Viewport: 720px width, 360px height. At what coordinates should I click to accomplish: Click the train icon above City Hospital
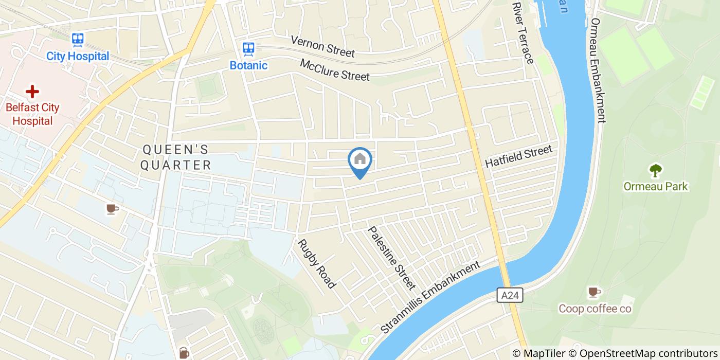[78, 39]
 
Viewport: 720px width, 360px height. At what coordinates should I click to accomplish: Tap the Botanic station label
[248, 65]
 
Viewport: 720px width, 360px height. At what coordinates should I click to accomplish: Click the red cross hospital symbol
[32, 92]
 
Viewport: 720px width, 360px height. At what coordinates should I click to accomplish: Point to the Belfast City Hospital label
[32, 114]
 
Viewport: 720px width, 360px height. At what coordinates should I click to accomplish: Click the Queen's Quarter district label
[176, 157]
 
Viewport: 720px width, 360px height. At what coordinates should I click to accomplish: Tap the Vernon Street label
[322, 46]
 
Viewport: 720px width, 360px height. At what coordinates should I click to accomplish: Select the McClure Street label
[335, 69]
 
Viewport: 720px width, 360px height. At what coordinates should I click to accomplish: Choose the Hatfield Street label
[518, 156]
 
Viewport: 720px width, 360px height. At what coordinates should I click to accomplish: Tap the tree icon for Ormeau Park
[656, 170]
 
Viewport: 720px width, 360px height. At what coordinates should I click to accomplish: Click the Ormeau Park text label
[656, 186]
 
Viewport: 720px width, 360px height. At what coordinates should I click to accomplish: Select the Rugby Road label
[317, 264]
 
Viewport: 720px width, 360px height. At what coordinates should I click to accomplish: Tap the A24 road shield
[510, 295]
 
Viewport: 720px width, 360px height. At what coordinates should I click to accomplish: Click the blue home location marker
[360, 160]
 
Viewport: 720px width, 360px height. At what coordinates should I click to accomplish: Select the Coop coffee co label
[595, 309]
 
